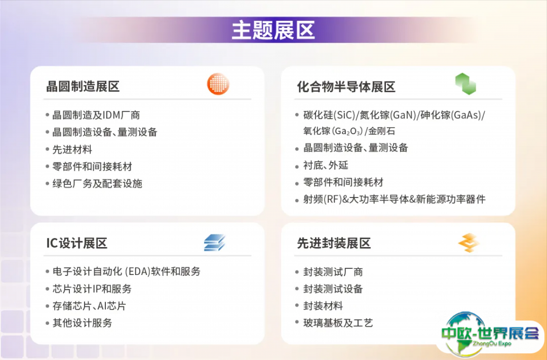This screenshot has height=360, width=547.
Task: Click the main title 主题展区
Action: pyautogui.click(x=273, y=30)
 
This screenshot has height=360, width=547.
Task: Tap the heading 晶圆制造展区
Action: pyautogui.click(x=83, y=87)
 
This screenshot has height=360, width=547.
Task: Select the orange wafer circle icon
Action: pyautogui.click(x=218, y=84)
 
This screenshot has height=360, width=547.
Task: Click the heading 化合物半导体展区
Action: pyautogui.click(x=346, y=87)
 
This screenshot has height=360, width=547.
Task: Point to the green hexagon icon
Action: pyautogui.click(x=466, y=84)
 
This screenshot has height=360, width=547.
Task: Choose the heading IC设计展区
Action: pyautogui.click(x=77, y=243)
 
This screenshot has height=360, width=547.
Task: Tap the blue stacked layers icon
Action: pyautogui.click(x=215, y=243)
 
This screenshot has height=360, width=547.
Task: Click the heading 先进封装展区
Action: pyautogui.click(x=334, y=243)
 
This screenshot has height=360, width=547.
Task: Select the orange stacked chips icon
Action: pyautogui.click(x=468, y=243)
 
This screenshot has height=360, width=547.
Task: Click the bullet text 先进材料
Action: pyautogui.click(x=72, y=149)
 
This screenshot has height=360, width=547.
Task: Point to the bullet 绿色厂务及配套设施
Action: pyautogui.click(x=97, y=183)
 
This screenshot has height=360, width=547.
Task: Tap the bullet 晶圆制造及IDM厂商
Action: pyautogui.click(x=96, y=115)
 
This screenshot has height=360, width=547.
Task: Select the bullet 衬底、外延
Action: pyautogui.click(x=326, y=165)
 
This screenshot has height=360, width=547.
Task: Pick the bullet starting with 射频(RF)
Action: pyautogui.click(x=394, y=199)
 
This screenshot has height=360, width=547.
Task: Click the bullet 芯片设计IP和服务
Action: pyautogui.click(x=92, y=289)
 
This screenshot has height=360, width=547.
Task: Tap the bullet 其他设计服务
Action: pyautogui.click(x=83, y=323)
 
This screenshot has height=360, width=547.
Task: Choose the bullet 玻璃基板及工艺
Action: pyautogui.click(x=338, y=323)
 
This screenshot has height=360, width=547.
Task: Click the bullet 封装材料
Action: pyautogui.click(x=323, y=306)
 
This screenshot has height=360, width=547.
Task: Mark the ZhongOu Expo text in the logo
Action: pyautogui.click(x=492, y=344)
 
